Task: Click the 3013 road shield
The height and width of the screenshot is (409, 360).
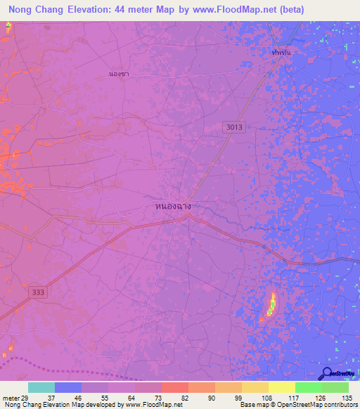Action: coord(235,126)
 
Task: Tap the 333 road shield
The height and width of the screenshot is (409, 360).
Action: coord(38,291)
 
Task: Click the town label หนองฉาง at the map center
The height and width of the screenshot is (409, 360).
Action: coord(172,207)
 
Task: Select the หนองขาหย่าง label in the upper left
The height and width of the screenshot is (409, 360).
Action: coord(118,72)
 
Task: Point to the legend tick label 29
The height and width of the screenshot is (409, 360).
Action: coord(28,397)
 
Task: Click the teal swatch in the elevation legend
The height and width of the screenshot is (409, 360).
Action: coord(41,387)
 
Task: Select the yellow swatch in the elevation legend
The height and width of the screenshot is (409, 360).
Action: coord(282,387)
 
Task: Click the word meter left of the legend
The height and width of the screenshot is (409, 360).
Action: coord(11,397)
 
